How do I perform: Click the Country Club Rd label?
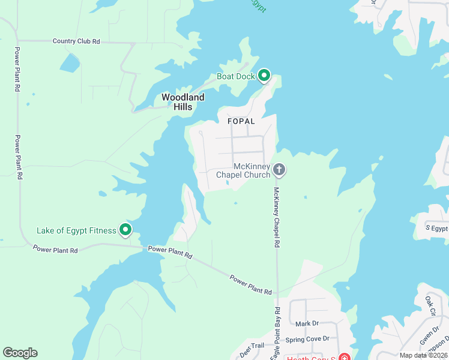[76, 41]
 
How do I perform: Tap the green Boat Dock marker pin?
[264, 76]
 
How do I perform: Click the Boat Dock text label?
[236, 77]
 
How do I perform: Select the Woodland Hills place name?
[183, 102]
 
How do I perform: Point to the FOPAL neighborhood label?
[241, 121]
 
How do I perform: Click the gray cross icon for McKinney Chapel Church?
[279, 170]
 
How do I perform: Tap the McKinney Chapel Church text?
[243, 171]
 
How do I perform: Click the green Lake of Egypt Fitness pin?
[125, 229]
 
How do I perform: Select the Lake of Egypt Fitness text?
[76, 230]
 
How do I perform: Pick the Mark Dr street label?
[307, 323]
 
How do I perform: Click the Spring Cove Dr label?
[307, 339]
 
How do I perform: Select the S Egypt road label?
[436, 229]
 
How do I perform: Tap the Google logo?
[20, 353]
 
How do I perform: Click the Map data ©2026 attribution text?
[423, 355]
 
